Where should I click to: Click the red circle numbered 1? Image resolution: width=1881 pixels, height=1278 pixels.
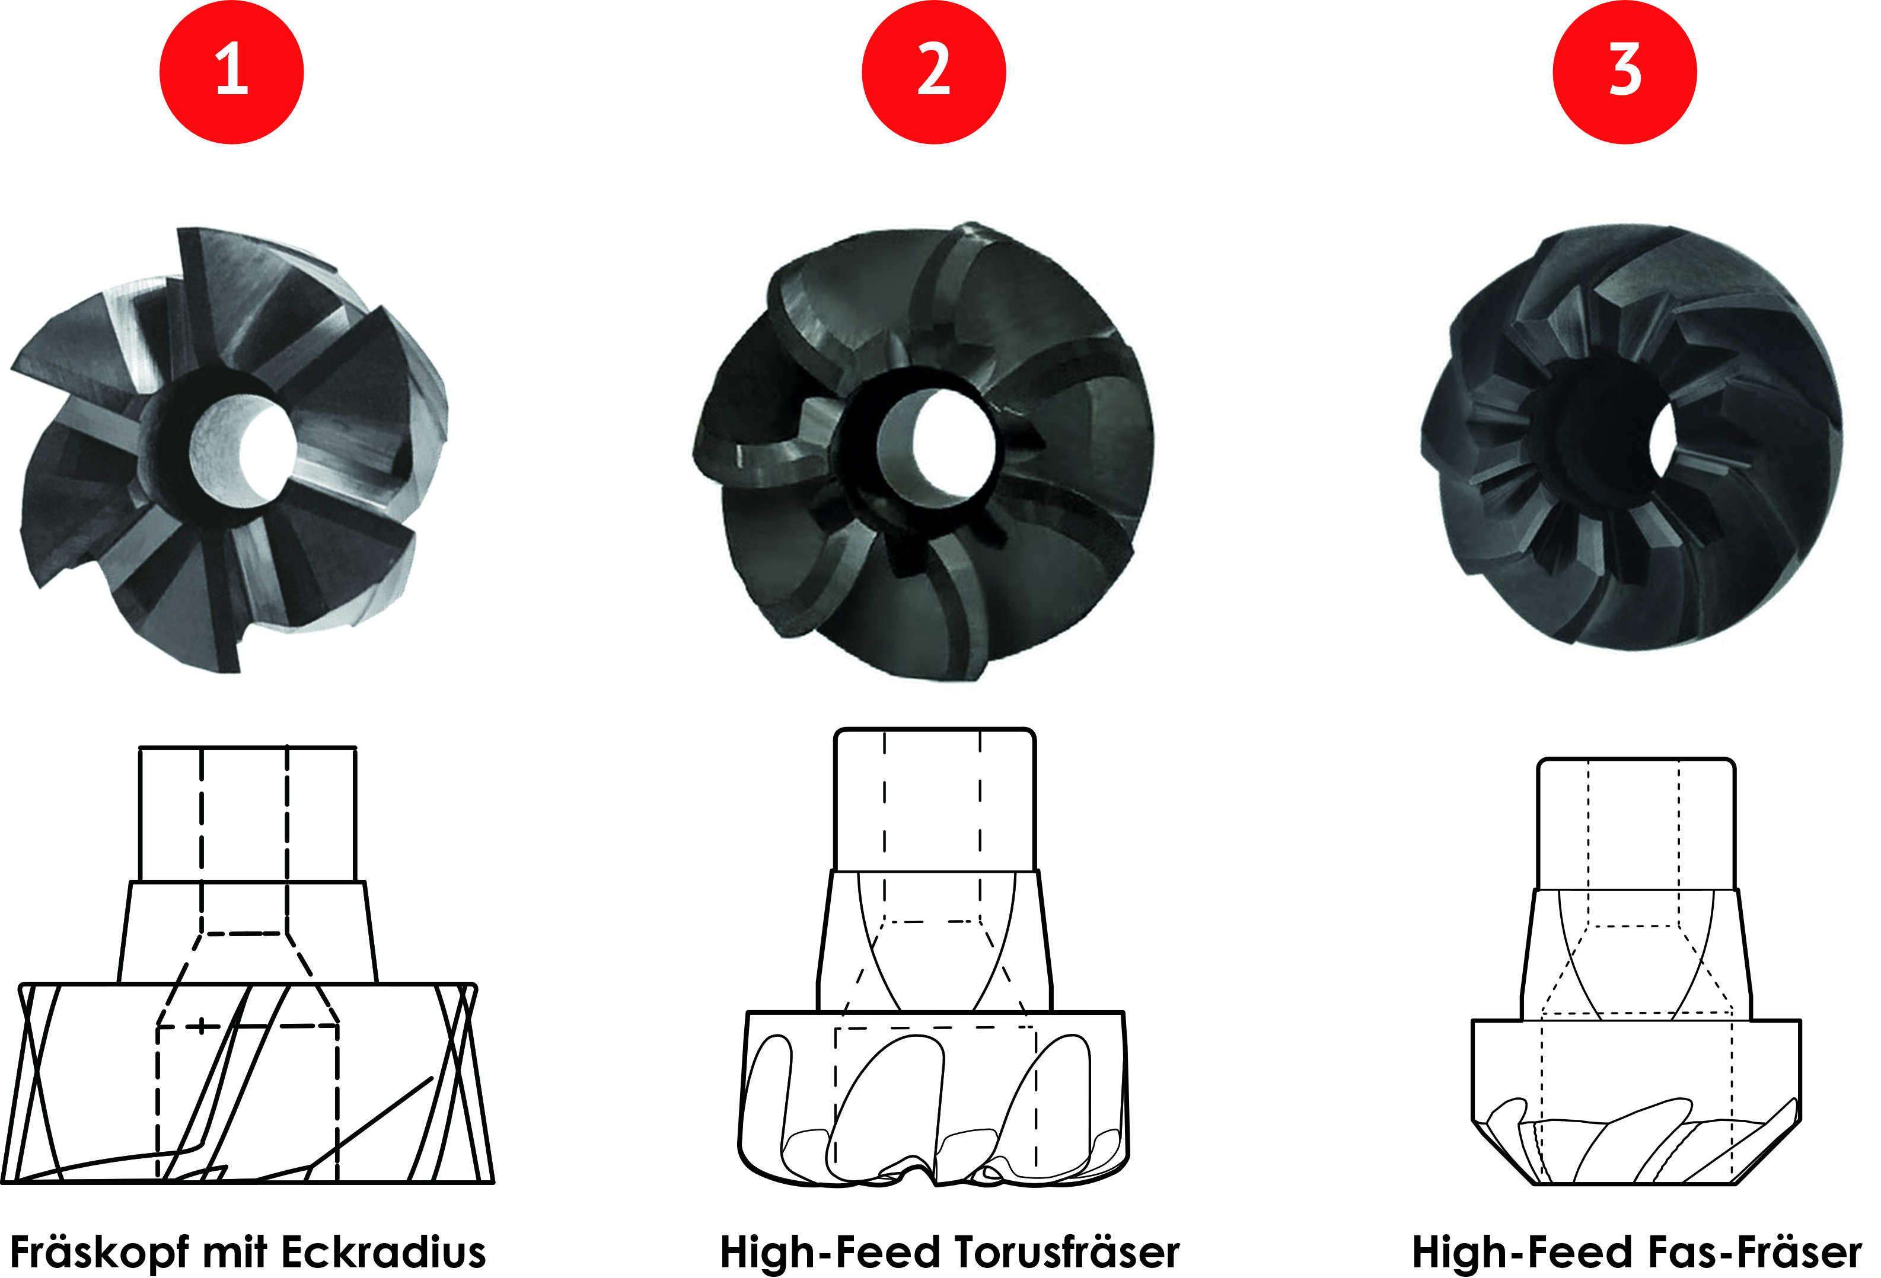pos(231,72)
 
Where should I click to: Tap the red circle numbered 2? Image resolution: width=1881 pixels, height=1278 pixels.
pos(934,72)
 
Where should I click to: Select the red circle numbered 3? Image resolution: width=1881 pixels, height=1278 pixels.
pos(1625,72)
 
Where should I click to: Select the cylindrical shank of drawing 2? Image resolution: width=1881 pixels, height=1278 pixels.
pos(935,799)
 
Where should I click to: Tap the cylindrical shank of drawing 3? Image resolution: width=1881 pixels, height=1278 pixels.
pos(1635,824)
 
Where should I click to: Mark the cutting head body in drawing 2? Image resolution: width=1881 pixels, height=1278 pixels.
pos(934,1098)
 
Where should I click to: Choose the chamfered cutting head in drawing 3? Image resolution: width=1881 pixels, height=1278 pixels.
pos(1635,1103)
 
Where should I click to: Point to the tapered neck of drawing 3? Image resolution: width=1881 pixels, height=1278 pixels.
pos(1635,955)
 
